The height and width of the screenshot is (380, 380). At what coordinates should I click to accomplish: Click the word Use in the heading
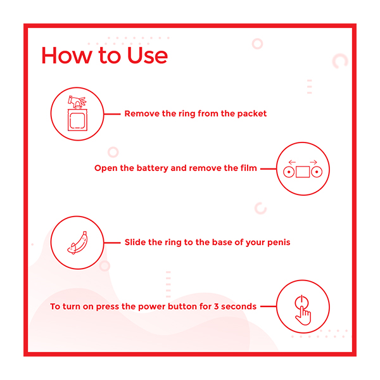pos(148,56)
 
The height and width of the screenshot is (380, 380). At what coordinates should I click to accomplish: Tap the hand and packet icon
pos(77,113)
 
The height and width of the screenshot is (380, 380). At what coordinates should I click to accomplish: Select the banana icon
pos(77,243)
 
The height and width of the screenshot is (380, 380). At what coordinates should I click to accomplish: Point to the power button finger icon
pos(303,310)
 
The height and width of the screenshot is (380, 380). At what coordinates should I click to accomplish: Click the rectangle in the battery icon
pos(303,172)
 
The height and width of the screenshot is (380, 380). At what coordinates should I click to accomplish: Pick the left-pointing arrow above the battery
pos(292,162)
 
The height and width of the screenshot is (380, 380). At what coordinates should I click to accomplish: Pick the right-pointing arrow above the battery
pos(313,162)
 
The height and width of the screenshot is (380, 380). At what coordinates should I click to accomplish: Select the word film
pos(249,168)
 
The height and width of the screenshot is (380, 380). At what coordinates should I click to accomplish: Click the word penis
pos(279,243)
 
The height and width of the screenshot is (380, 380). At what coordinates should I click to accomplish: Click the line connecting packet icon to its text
pos(112,114)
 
